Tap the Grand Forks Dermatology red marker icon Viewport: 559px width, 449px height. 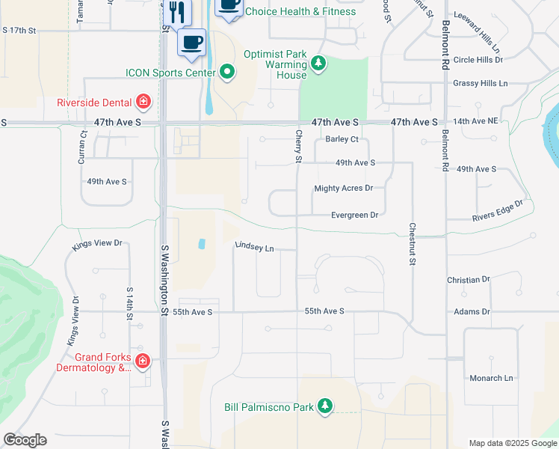click(x=143, y=362)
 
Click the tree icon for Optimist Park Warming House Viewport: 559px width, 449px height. click(x=319, y=62)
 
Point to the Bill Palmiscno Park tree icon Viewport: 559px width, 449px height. click(x=324, y=406)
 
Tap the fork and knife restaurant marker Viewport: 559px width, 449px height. click(x=177, y=12)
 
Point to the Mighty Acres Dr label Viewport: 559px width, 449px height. click(x=343, y=189)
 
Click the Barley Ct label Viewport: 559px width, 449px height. click(x=342, y=139)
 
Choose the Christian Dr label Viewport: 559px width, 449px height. click(x=468, y=279)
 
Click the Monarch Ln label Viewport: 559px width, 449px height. click(x=491, y=378)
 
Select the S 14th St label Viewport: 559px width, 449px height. click(x=130, y=303)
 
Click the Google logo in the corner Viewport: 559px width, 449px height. click(x=25, y=440)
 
